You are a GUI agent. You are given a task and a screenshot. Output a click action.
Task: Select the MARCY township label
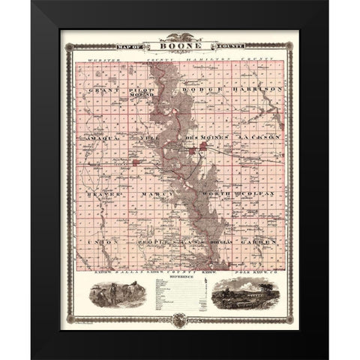pos(153,194)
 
